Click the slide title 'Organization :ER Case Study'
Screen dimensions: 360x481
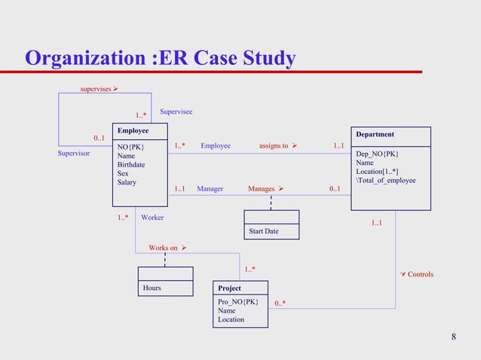point(160,58)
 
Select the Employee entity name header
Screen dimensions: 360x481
point(133,131)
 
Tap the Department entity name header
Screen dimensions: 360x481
point(375,135)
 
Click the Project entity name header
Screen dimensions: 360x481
point(229,288)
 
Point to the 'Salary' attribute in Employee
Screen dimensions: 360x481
point(127,182)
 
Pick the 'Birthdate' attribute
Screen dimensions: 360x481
point(131,164)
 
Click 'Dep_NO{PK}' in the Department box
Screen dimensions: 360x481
point(377,154)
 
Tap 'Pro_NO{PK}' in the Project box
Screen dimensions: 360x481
point(237,302)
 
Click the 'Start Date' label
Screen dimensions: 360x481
point(263,231)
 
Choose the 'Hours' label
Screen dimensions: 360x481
point(152,288)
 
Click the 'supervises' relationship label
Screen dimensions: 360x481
point(96,90)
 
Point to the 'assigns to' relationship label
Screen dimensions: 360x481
point(274,145)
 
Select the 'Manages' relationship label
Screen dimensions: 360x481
point(262,188)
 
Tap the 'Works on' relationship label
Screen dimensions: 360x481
point(163,248)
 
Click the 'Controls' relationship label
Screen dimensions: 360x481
point(420,274)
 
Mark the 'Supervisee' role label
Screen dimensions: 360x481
point(176,112)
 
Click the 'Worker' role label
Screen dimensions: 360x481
point(152,218)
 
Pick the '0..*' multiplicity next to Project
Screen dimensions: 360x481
point(280,304)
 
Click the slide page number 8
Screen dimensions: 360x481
point(453,336)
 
